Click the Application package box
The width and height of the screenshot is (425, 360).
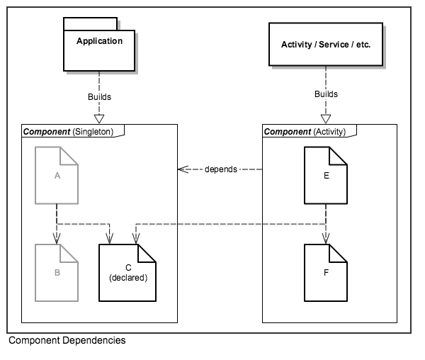tap(98, 49)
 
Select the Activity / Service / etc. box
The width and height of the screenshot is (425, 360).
tap(325, 45)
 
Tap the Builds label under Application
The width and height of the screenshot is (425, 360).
tap(99, 96)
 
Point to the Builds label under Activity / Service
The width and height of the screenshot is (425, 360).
tap(326, 94)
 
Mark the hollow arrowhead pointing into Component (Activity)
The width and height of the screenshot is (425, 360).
tap(326, 118)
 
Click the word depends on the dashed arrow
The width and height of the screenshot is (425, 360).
tap(221, 170)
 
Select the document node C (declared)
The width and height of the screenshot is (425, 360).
tap(127, 272)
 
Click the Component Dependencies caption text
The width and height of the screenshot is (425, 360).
tap(67, 341)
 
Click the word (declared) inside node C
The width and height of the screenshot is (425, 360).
tap(128, 278)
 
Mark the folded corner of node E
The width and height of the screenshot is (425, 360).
tap(340, 154)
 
